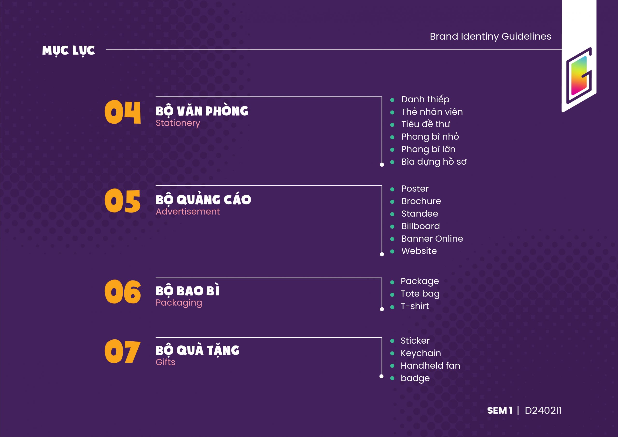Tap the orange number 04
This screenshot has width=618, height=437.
coord(122,112)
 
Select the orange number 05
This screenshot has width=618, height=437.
coord(122,201)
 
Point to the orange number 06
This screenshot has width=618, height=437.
coord(122,292)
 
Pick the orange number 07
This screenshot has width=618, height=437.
coord(122,351)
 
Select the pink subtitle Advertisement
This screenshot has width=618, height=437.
coord(188,212)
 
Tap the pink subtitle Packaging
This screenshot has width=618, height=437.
coord(179,303)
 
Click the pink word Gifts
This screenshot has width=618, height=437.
coord(165,362)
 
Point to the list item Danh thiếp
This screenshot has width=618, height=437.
coord(425,100)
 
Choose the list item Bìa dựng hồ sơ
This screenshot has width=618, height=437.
coord(434,162)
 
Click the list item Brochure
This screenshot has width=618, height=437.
coord(421,201)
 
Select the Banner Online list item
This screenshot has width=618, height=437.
coord(432,239)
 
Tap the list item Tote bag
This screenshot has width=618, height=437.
coord(420,294)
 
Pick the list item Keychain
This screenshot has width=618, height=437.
coord(421,353)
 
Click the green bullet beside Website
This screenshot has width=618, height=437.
coord(392,252)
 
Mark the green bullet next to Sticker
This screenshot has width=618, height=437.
coord(392,341)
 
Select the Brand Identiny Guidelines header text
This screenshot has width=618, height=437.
coord(490,36)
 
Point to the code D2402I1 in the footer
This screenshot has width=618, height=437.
coord(543,411)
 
